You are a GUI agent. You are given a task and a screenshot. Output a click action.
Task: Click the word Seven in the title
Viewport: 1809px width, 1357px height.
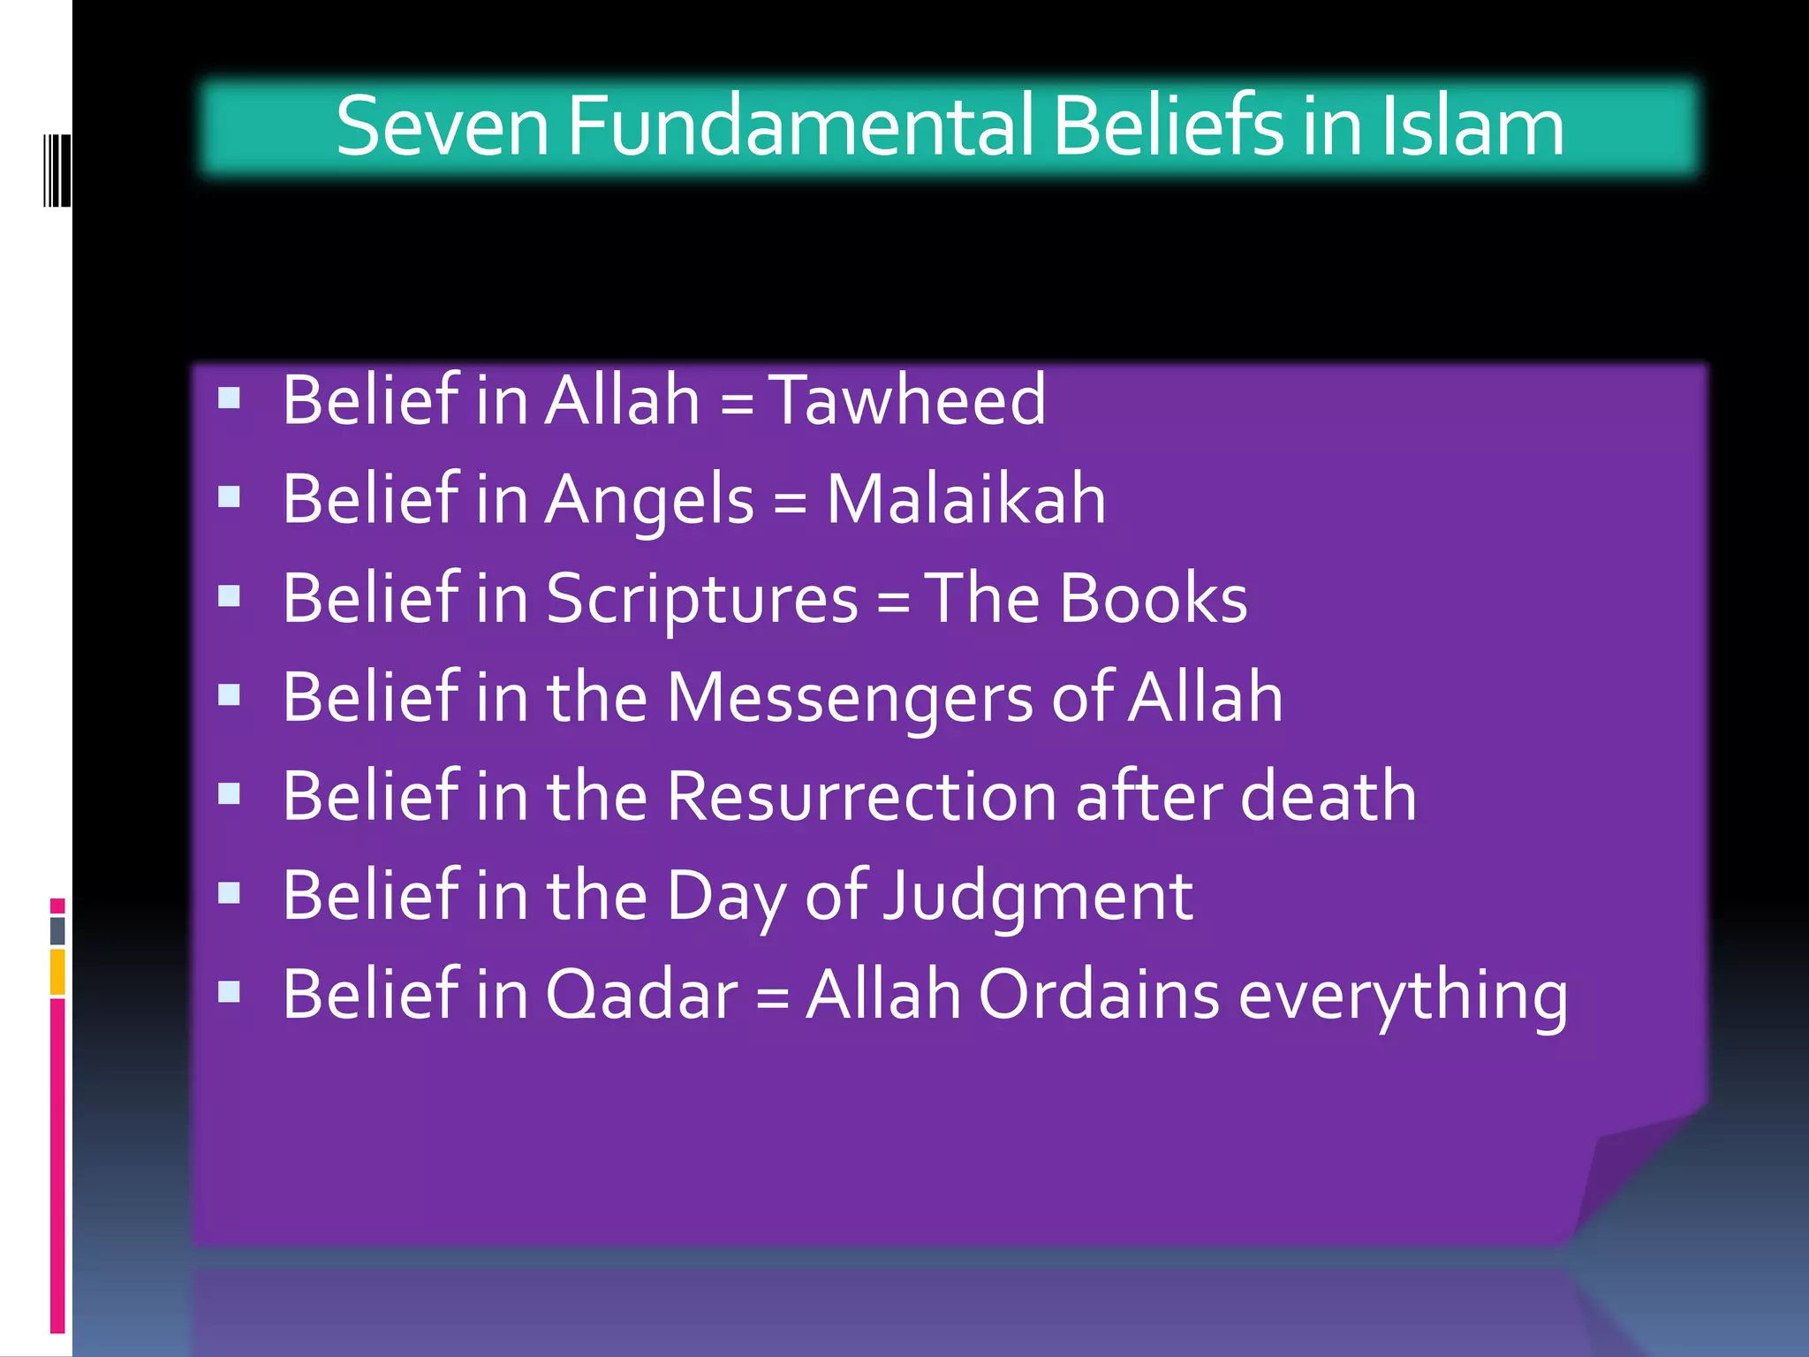(x=441, y=127)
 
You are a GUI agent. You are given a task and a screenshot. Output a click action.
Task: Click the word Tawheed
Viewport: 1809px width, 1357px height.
(x=907, y=400)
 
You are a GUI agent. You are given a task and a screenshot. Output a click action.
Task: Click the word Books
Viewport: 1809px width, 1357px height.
(x=1153, y=598)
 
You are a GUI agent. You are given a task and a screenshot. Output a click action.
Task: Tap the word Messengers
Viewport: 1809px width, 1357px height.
(x=849, y=698)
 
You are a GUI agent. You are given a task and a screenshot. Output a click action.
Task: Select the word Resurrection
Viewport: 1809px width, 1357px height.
(x=861, y=797)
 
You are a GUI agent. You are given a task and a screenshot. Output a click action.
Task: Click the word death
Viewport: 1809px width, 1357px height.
(x=1328, y=797)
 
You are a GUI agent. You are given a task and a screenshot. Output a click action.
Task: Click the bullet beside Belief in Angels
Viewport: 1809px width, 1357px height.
(x=230, y=497)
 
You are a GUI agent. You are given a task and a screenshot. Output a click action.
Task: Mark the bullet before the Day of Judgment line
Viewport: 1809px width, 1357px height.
(x=230, y=893)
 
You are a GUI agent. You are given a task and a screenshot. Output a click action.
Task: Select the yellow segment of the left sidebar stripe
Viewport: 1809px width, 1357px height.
(x=57, y=971)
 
